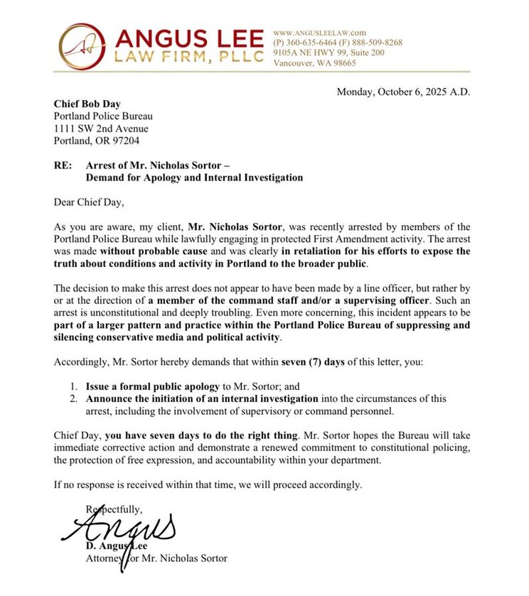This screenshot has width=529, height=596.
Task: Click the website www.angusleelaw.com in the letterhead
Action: (319, 33)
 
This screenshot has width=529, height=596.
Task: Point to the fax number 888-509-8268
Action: (376, 43)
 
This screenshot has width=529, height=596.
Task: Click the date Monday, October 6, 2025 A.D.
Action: (403, 92)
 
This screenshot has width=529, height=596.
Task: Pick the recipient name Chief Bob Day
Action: (87, 104)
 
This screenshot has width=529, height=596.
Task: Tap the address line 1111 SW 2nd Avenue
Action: (102, 129)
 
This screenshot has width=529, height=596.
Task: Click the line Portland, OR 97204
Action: (97, 141)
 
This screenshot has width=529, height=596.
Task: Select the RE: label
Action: (63, 166)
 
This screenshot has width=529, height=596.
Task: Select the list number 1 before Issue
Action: (73, 386)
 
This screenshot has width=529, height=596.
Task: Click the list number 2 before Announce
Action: (73, 399)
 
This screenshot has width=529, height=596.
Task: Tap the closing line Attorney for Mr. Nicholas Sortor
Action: (156, 558)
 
